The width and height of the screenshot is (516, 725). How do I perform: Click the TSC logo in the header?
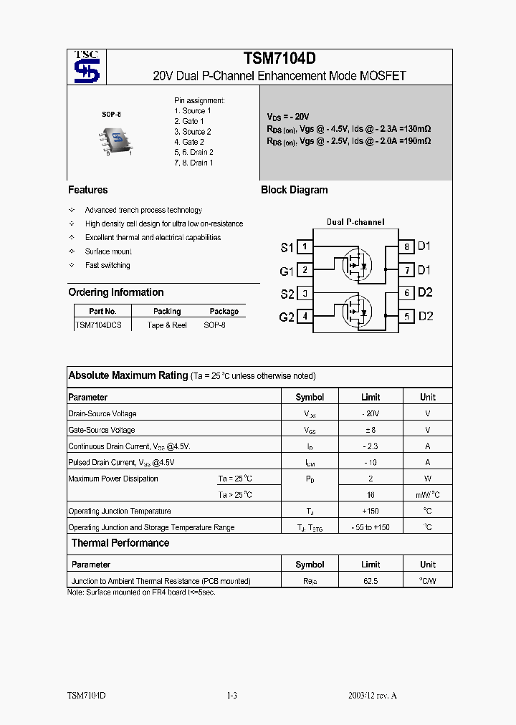click(87, 67)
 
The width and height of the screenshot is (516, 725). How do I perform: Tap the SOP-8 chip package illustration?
click(114, 139)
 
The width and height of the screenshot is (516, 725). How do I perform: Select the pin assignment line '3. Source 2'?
click(192, 132)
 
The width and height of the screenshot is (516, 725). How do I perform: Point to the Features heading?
click(87, 190)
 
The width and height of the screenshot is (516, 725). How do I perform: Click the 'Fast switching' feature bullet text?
click(107, 265)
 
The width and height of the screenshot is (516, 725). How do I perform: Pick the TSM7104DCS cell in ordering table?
click(99, 325)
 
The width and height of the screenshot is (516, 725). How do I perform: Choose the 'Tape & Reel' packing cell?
click(167, 325)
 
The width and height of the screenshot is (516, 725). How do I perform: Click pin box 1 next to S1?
click(305, 247)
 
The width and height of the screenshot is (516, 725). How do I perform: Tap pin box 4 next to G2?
click(305, 316)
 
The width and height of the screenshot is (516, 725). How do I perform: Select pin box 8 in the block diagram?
click(406, 247)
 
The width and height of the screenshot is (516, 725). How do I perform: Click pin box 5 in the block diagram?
click(406, 316)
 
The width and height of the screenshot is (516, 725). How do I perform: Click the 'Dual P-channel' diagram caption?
click(355, 222)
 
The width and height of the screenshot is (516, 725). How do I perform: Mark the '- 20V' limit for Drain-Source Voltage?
click(371, 413)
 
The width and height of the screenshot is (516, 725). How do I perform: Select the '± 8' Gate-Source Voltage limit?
click(371, 430)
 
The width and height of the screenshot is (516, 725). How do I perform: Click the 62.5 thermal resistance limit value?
click(371, 581)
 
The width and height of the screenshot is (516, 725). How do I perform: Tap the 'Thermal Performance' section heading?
click(120, 543)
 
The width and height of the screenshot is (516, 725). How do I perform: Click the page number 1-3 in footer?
click(231, 696)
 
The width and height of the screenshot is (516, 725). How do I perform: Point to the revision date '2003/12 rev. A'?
click(372, 696)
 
